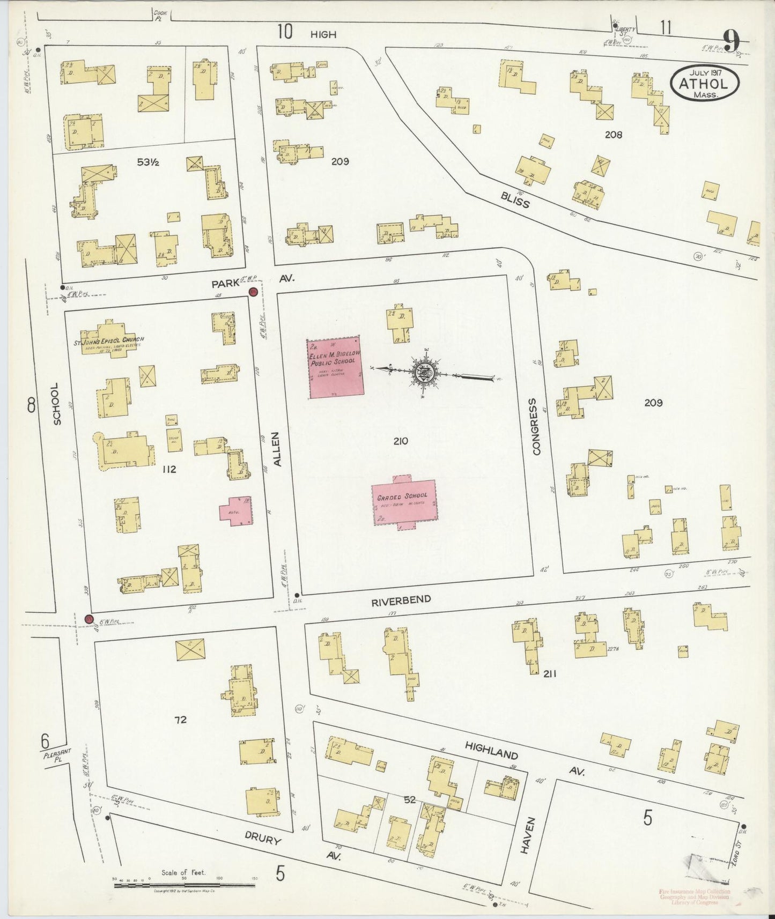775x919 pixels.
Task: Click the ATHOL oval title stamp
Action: (x=704, y=83)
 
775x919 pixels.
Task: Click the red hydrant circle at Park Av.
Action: (x=253, y=292)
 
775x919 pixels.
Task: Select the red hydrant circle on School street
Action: (x=89, y=619)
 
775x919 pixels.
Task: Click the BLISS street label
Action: (x=515, y=199)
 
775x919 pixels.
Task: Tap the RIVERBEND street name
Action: (x=401, y=601)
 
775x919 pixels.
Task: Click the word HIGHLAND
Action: (x=491, y=750)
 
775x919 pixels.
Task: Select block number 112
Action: (x=168, y=470)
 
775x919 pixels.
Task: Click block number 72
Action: (x=180, y=720)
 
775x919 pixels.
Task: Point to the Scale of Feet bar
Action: (x=184, y=883)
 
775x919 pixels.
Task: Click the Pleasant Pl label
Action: (x=54, y=755)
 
